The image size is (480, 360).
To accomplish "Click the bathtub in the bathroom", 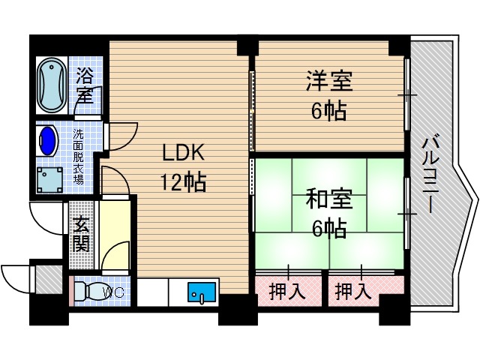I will (51, 82).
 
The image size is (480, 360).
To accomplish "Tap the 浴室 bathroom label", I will (84, 85).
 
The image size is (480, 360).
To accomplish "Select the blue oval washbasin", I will (47, 139).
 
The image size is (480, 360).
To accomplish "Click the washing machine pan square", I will (51, 179).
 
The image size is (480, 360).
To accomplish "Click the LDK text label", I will (183, 153).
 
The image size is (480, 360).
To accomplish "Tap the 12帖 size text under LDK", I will (182, 182).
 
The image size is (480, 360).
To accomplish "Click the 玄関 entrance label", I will (81, 233).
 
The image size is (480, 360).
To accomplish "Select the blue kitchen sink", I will (201, 292).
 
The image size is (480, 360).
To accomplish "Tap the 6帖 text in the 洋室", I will (329, 111).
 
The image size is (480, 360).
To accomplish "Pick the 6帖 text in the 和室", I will (329, 229).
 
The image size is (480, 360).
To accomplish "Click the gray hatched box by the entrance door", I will (48, 280).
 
